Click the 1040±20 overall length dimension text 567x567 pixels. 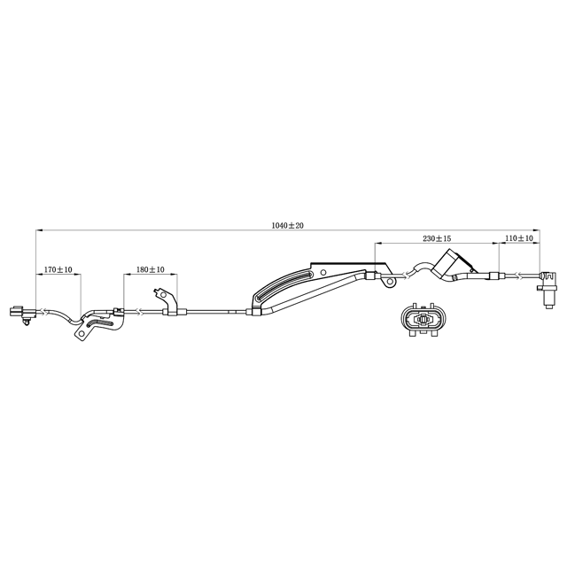[x=288, y=226]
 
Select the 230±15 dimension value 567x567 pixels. [x=437, y=238]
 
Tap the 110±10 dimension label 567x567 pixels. [x=519, y=238]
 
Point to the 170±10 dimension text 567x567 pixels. [x=58, y=269]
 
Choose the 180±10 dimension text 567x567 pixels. [x=151, y=269]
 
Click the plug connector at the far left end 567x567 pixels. [x=22, y=314]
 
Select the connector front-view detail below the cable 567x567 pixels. [x=423, y=319]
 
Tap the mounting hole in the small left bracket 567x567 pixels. [x=82, y=333]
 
